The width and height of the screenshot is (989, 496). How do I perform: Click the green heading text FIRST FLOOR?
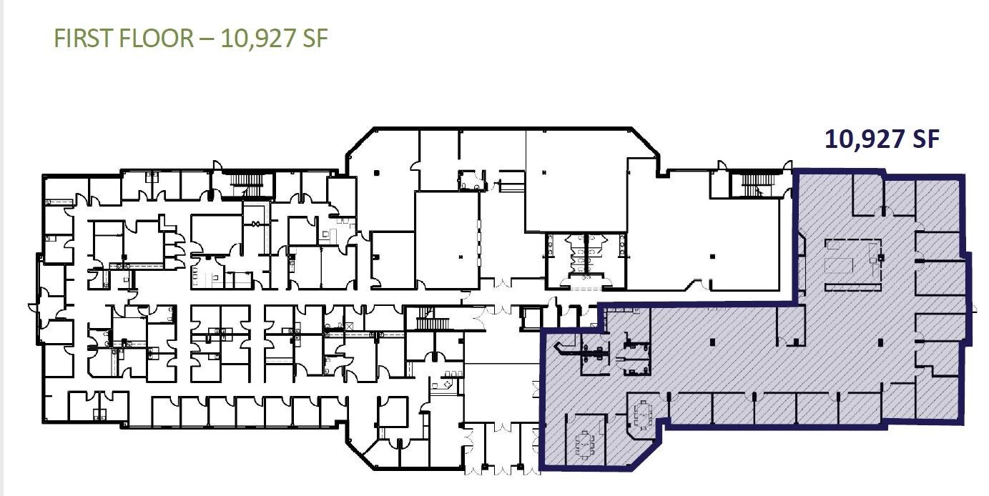pyautogui.click(x=123, y=38)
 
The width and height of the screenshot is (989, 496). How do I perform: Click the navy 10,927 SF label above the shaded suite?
pyautogui.click(x=881, y=139)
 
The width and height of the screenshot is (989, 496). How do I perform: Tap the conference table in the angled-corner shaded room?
pyautogui.click(x=643, y=415)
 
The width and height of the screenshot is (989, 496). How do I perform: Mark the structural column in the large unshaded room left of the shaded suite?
pyautogui.click(x=710, y=255)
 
